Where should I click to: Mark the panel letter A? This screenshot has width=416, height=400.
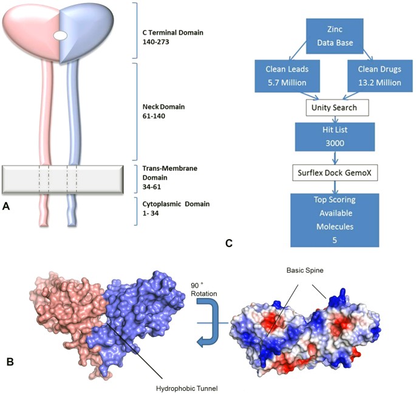[7, 206]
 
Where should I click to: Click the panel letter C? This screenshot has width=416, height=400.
[229, 243]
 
